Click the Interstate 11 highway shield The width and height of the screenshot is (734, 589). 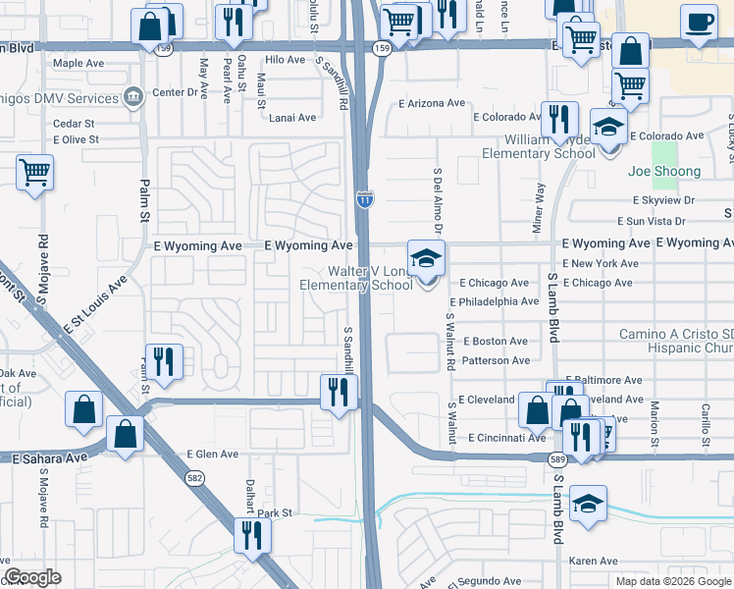(x=363, y=198)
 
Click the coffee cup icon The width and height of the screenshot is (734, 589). (x=698, y=21)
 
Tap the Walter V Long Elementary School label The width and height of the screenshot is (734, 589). (x=356, y=278)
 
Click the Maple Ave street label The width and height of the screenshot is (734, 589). (x=79, y=63)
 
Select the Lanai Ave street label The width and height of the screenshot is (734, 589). (x=292, y=117)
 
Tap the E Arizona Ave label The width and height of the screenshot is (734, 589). (x=431, y=103)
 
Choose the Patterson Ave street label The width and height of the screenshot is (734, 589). (x=496, y=360)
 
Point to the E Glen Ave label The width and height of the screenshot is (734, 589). (x=212, y=455)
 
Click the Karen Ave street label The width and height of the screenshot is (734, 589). (x=594, y=562)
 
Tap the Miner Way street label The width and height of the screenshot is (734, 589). (x=538, y=207)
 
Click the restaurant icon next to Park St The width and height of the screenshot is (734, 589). (x=252, y=535)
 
